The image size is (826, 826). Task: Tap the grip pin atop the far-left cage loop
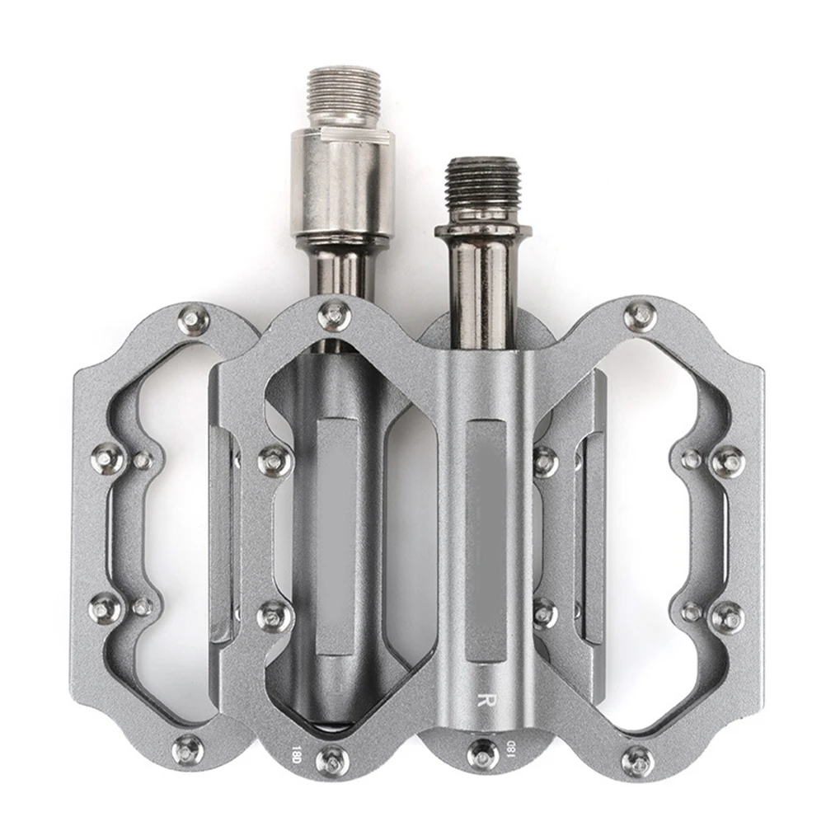(x=191, y=317)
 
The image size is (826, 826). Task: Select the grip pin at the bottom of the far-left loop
(x=189, y=748)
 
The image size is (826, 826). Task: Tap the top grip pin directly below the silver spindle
(x=334, y=313)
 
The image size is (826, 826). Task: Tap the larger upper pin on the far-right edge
(x=727, y=462)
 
